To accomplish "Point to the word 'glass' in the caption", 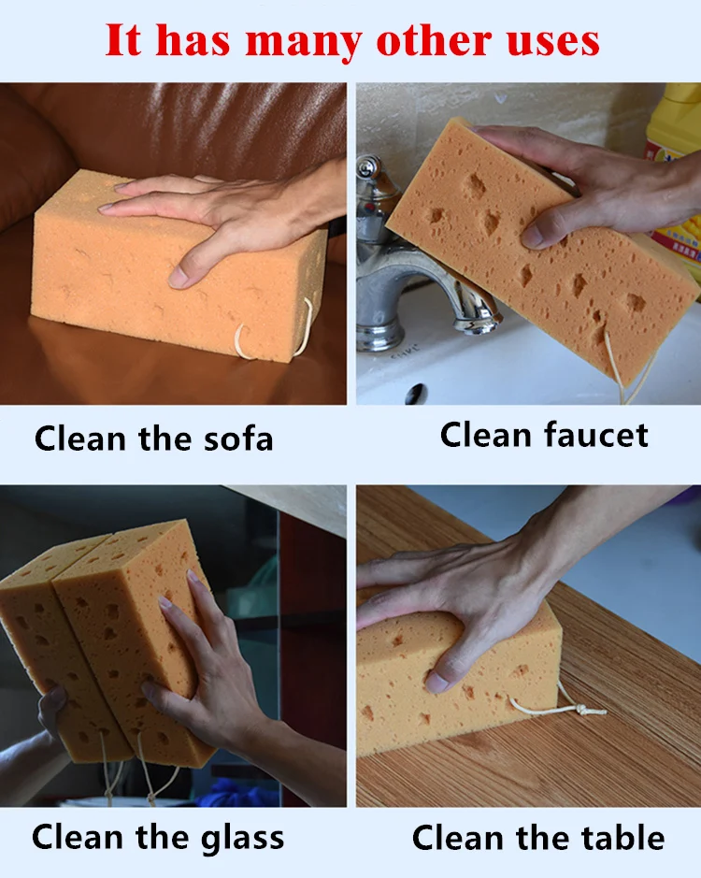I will [x=233, y=837].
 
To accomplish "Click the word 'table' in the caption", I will [x=618, y=837].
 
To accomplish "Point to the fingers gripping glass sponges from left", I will [x=51, y=711].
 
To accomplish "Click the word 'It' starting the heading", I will [x=123, y=42].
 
